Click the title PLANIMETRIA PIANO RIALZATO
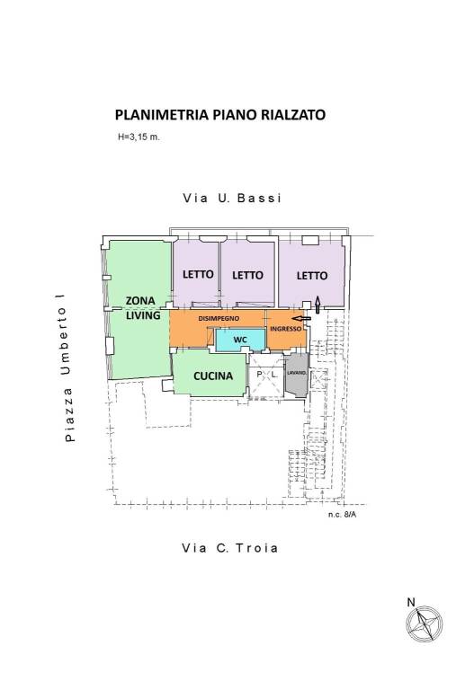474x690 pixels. click(220, 115)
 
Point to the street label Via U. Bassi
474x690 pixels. click(232, 199)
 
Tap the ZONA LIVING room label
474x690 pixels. click(143, 308)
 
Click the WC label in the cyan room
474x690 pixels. click(240, 341)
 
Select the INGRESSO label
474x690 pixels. click(286, 329)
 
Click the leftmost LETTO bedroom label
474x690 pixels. click(197, 275)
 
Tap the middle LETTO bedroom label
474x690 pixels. click(247, 275)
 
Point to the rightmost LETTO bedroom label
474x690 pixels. click(311, 275)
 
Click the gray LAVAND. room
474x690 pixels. click(296, 377)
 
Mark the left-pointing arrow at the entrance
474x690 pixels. click(302, 317)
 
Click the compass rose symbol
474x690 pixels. click(422, 623)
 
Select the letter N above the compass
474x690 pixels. click(410, 602)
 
